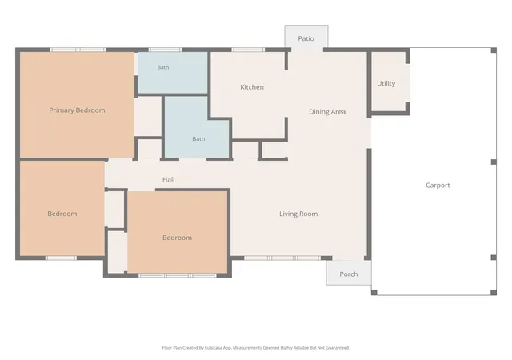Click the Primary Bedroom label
[x=77, y=110]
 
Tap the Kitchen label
[x=252, y=87]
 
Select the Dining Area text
[x=327, y=112]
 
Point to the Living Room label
[x=298, y=214]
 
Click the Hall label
[x=169, y=179]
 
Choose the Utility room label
[x=386, y=83]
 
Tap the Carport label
[x=438, y=186]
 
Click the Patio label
[x=306, y=38]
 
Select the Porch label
[x=349, y=274]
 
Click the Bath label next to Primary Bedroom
[x=163, y=67]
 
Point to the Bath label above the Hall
[x=198, y=139]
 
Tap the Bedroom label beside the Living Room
[x=178, y=238]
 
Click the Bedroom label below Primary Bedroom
[x=62, y=214]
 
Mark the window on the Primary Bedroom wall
[x=78, y=50]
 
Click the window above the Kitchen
[x=248, y=50]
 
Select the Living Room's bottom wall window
[x=282, y=258]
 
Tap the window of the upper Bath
[x=165, y=50]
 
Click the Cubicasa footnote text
[x=256, y=348]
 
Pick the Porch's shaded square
[x=349, y=273]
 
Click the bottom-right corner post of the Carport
[x=494, y=292]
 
